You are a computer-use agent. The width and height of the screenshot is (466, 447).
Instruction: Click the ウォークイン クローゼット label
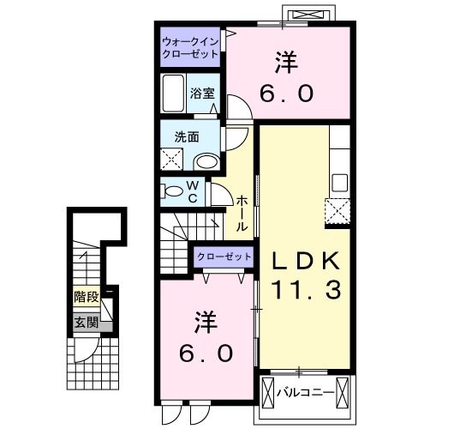[x=190, y=45]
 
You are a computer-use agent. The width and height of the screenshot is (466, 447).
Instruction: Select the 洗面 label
[x=187, y=136]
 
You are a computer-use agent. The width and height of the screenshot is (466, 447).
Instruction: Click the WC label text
[x=193, y=191]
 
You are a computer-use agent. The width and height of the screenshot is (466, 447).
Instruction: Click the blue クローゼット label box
[x=224, y=257]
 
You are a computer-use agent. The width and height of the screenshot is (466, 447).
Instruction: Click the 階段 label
[x=86, y=298]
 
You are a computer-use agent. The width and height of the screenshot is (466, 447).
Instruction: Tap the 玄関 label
[x=86, y=323]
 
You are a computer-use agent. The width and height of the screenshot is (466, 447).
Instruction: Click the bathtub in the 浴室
[x=173, y=94]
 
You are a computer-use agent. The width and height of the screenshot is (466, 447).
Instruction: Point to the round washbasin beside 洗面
[x=206, y=161]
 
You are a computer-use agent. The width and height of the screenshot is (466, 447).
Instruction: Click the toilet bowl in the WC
[x=172, y=191]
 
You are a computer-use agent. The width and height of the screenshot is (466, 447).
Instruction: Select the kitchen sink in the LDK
[x=339, y=182]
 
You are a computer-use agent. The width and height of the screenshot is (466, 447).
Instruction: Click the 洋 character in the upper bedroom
[x=287, y=63]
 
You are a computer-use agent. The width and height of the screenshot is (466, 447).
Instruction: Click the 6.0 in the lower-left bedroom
[x=205, y=352]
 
